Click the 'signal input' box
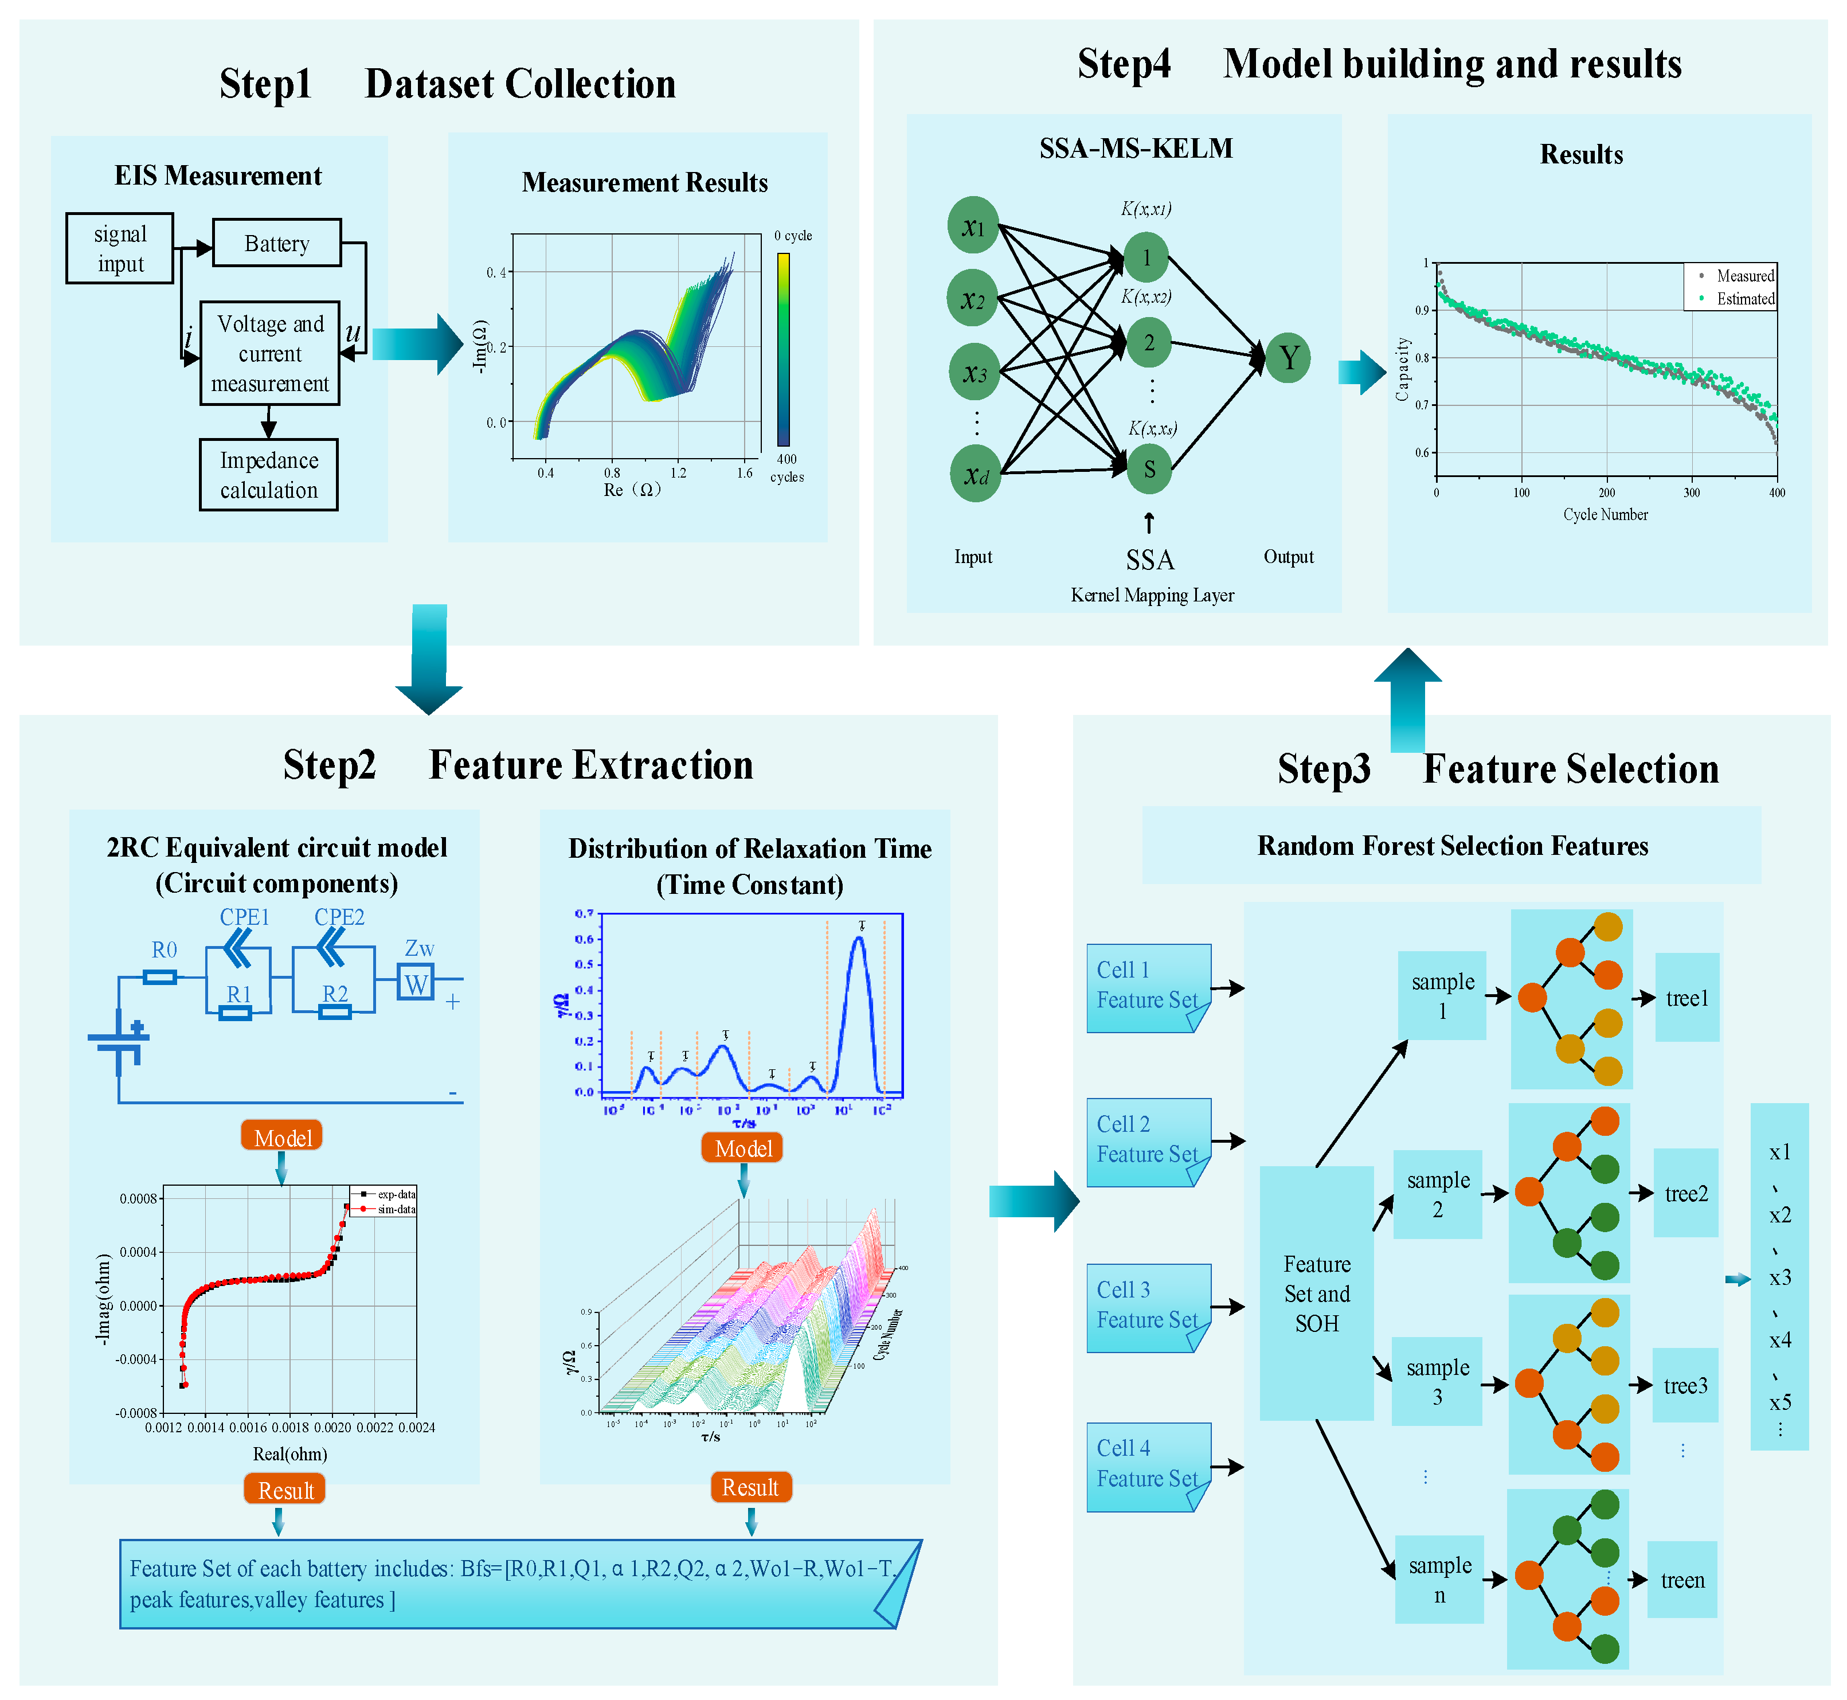pyautogui.click(x=120, y=248)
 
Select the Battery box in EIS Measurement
pyautogui.click(x=277, y=243)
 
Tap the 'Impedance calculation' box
pyautogui.click(x=269, y=475)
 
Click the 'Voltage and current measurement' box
pyautogui.click(x=269, y=353)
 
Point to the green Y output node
pyautogui.click(x=1288, y=358)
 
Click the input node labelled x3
pyautogui.click(x=974, y=373)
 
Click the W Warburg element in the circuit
pyautogui.click(x=416, y=983)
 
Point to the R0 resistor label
pyautogui.click(x=164, y=950)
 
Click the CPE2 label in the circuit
pyautogui.click(x=339, y=917)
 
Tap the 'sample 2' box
pyautogui.click(x=1438, y=1194)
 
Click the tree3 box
pyautogui.click(x=1685, y=1385)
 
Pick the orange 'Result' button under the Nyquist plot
pyautogui.click(x=285, y=1490)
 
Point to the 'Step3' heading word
pyautogui.click(x=1324, y=769)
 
